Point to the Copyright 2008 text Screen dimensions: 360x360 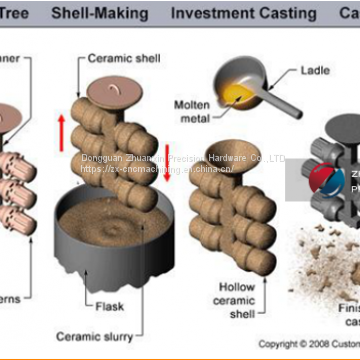tap(296, 343)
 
